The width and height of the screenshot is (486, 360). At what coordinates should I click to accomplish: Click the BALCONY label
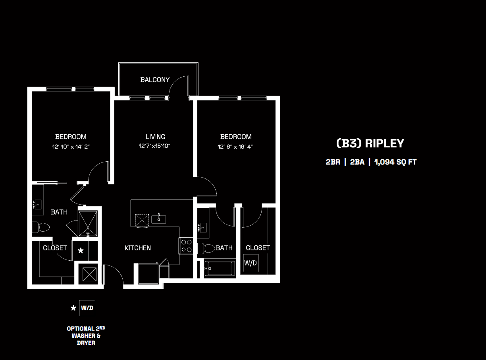click(x=155, y=80)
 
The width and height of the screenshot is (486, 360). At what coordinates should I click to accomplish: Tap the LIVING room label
click(x=155, y=137)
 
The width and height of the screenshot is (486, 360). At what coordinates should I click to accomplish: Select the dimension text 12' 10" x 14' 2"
click(x=71, y=147)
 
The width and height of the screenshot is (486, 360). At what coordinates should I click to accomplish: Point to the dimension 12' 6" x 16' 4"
click(x=236, y=147)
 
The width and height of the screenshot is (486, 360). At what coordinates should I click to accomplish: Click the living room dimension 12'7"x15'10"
click(x=155, y=146)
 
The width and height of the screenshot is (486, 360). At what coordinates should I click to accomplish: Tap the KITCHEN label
click(x=138, y=248)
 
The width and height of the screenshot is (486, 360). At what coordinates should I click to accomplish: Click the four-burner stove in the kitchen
click(x=186, y=246)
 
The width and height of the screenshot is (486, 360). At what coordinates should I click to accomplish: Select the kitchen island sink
click(x=159, y=218)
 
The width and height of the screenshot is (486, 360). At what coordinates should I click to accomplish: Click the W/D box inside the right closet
click(x=251, y=263)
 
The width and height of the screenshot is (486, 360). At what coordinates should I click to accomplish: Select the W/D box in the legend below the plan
click(x=87, y=308)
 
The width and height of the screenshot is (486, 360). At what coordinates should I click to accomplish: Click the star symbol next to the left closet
click(x=81, y=251)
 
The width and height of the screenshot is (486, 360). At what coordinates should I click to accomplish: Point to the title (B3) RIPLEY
click(x=370, y=143)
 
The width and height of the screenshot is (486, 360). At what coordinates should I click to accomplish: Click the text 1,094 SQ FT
click(x=395, y=162)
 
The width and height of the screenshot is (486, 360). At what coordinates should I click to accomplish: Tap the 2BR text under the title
click(x=333, y=162)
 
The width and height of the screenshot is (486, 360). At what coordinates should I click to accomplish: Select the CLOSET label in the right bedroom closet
click(x=258, y=248)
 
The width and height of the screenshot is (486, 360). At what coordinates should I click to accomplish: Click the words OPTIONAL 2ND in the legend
click(x=86, y=329)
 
